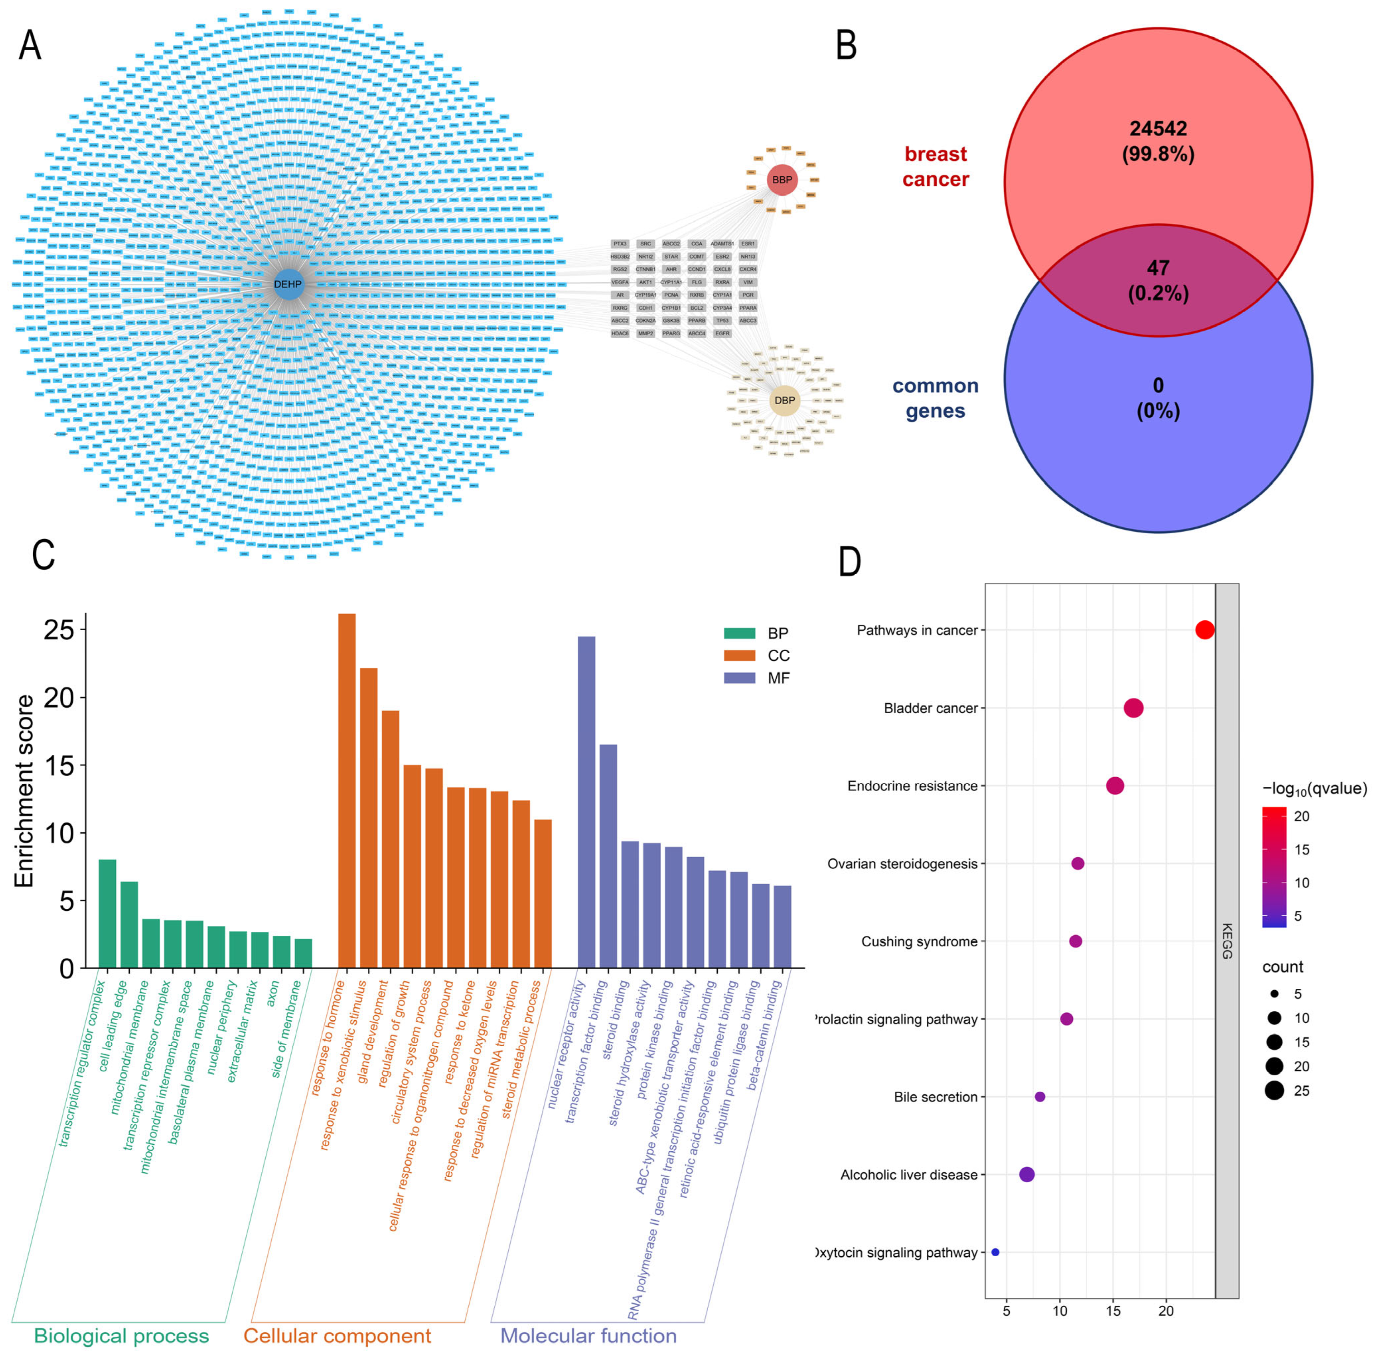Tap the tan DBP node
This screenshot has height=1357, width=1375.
tap(784, 401)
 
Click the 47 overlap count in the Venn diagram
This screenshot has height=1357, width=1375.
tap(1158, 268)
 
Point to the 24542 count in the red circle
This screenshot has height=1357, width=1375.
tap(1158, 129)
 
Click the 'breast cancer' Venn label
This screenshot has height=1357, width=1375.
tap(935, 167)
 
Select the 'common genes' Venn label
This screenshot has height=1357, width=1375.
tap(935, 398)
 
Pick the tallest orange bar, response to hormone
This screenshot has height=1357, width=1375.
tap(347, 790)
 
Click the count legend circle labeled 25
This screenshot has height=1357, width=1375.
tap(1274, 1091)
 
